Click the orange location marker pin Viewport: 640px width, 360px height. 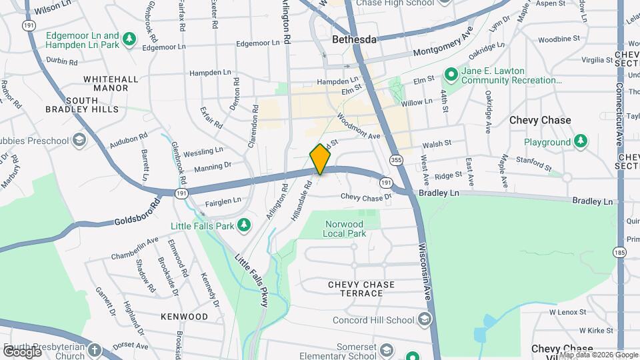pyautogui.click(x=320, y=159)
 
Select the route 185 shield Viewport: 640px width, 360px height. pyautogui.click(x=620, y=253)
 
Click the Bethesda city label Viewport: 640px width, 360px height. pyautogui.click(x=355, y=39)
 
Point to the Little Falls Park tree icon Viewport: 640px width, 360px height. pyautogui.click(x=244, y=225)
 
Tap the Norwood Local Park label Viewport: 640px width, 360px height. pyautogui.click(x=345, y=229)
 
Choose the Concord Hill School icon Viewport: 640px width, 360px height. pyautogui.click(x=423, y=319)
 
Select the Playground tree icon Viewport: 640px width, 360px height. pyautogui.click(x=581, y=142)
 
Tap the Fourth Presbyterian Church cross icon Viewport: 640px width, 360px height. pyautogui.click(x=95, y=349)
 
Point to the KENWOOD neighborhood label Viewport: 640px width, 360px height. pyautogui.click(x=184, y=315)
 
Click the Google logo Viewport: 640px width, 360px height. pyautogui.click(x=22, y=351)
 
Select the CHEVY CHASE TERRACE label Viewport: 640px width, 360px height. pyautogui.click(x=361, y=289)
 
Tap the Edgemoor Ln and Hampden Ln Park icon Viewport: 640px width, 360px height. pyautogui.click(x=129, y=40)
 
